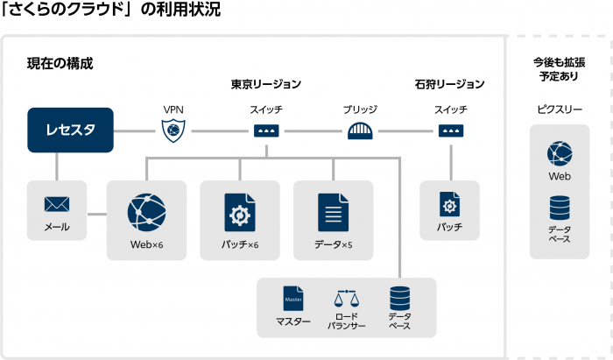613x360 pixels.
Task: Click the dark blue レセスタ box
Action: coord(70,131)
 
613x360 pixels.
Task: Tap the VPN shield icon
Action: coord(173,131)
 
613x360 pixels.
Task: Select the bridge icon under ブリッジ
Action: coord(359,131)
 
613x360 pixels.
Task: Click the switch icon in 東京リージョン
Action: coord(266,131)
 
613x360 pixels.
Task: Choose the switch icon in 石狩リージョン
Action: coord(450,131)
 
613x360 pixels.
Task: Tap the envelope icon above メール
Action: coord(57,205)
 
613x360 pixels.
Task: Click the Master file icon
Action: coord(292,299)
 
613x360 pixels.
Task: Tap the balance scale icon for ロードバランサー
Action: coord(346,299)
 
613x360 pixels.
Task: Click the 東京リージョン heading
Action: coord(266,85)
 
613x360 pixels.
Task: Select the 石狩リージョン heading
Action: coord(450,85)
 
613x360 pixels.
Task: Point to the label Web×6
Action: coord(146,244)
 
